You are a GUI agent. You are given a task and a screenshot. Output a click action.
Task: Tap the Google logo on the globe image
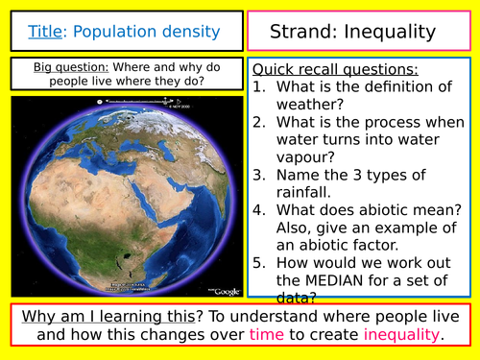227,291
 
